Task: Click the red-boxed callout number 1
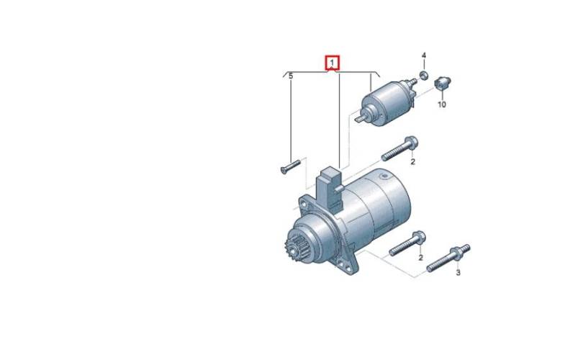[333, 63]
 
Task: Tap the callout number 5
[291, 76]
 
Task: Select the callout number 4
[424, 55]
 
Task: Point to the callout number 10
[442, 104]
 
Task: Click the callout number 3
[458, 273]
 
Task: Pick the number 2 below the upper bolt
[412, 162]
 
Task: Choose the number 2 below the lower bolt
[420, 257]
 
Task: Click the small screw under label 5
[290, 167]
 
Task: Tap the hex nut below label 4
[423, 75]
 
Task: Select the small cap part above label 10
[443, 83]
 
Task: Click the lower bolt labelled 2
[407, 243]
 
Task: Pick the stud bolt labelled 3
[448, 258]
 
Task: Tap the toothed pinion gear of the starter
[292, 250]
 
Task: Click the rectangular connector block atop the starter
[329, 188]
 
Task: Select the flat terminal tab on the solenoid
[360, 120]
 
